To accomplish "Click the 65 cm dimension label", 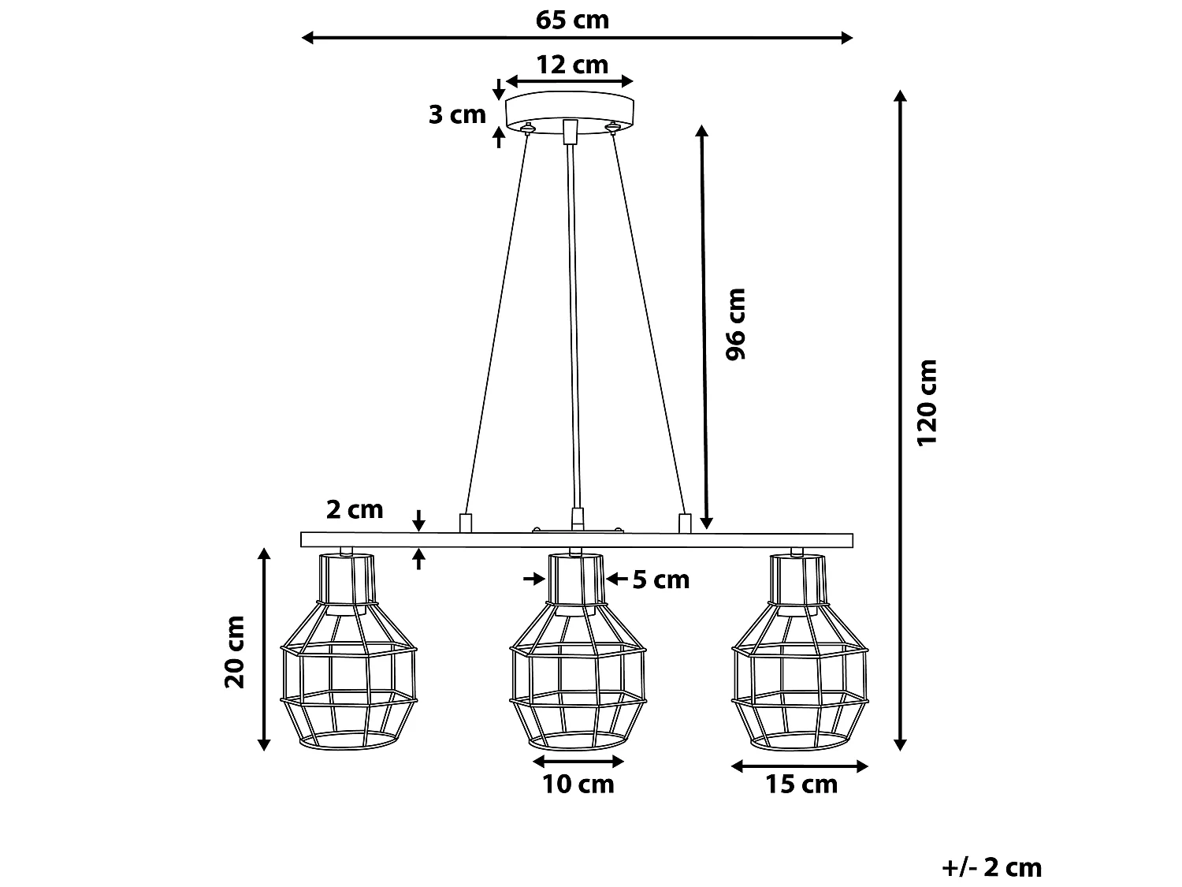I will coord(572,19).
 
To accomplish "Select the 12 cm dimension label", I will coord(572,64).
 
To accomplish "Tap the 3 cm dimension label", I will coord(457,115).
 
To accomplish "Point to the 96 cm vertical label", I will coord(735,324).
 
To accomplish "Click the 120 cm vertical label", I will coord(927,402).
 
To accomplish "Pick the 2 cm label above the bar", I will coord(355,510).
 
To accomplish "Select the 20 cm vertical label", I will coord(236,651).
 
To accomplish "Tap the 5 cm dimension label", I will coord(660,580).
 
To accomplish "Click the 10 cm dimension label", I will coord(578,785).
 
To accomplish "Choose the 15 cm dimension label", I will coord(801,785).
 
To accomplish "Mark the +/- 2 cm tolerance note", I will coord(991,867).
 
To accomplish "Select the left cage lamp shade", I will coord(348,654).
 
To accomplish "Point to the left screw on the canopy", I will coord(529,127).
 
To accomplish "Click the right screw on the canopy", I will coord(611,126).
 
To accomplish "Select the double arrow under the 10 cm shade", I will coord(578,762).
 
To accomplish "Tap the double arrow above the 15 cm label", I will coord(800,766).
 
